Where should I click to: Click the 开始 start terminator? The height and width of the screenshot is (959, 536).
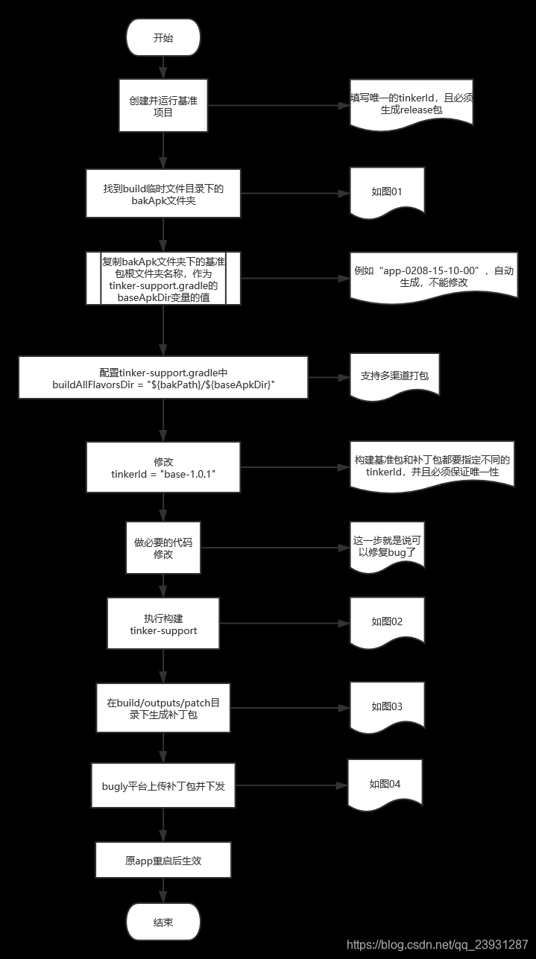[x=163, y=38]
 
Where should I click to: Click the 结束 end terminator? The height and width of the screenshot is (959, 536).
[x=163, y=922]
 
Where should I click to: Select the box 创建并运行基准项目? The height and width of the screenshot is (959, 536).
[x=163, y=106]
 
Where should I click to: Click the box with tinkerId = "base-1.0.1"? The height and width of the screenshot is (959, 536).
[x=163, y=467]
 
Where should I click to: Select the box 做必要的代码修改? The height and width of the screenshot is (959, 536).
[x=163, y=548]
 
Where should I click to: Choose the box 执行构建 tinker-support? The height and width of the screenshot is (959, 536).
[x=163, y=624]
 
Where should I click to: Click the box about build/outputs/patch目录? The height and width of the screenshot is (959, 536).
[x=163, y=707]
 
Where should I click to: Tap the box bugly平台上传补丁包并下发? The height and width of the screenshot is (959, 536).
[x=163, y=785]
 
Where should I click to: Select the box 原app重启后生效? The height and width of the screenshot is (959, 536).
[x=163, y=861]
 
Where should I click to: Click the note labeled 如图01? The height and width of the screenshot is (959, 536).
[x=387, y=192]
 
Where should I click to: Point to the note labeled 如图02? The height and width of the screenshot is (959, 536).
[x=387, y=621]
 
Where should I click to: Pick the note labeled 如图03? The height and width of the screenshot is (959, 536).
[x=387, y=706]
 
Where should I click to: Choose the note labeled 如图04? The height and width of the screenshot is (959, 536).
[x=385, y=784]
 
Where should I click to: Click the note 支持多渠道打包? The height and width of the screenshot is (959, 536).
[x=394, y=376]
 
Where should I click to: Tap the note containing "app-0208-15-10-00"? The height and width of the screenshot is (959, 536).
[x=432, y=277]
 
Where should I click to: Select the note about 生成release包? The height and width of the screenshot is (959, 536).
[x=411, y=104]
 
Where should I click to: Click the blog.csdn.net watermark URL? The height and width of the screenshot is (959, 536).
[x=438, y=945]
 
